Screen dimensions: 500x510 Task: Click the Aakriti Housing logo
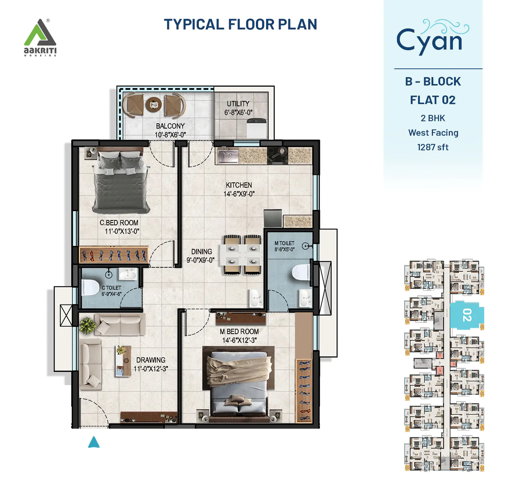[x=40, y=37]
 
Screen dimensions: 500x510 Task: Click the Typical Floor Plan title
[x=240, y=25]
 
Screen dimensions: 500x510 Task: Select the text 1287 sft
[x=433, y=147]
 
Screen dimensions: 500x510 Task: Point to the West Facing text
[x=433, y=133]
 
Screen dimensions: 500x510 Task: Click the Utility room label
[x=238, y=104]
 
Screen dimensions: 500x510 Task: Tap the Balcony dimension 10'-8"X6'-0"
[x=170, y=135]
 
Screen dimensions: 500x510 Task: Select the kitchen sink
[x=228, y=155]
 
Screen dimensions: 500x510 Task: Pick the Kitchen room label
[x=239, y=185]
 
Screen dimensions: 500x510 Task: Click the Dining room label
[x=201, y=252]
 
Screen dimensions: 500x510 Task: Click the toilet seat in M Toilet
[x=301, y=272]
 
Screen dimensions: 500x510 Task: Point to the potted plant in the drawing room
[x=88, y=325]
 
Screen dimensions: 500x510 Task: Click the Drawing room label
[x=150, y=360]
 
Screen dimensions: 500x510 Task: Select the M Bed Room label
[x=239, y=332]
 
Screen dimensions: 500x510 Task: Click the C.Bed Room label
[x=119, y=223]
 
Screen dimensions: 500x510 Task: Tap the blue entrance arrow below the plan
[x=94, y=443]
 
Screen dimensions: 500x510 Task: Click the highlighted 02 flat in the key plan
[x=467, y=315]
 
